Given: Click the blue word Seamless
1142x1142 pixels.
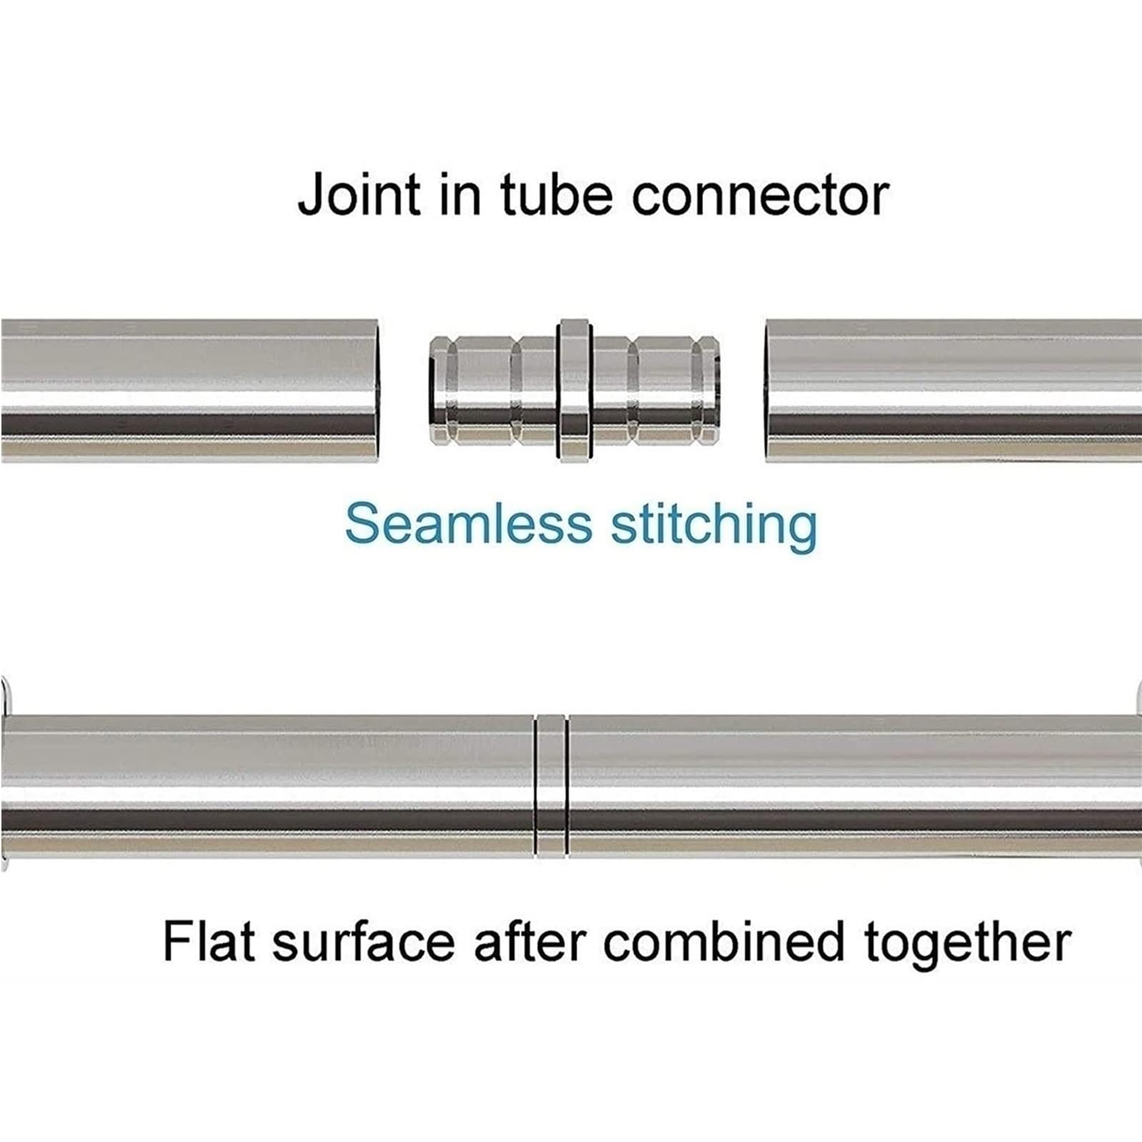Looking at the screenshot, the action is point(468,524).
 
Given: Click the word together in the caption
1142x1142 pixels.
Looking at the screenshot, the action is point(968,944).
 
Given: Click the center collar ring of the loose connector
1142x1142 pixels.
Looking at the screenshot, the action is point(573,390).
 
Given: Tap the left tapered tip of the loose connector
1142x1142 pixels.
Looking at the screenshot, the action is point(437,390).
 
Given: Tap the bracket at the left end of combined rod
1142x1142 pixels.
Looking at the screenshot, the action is point(4,776).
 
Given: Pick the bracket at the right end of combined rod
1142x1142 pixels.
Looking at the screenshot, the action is point(1138,776).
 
